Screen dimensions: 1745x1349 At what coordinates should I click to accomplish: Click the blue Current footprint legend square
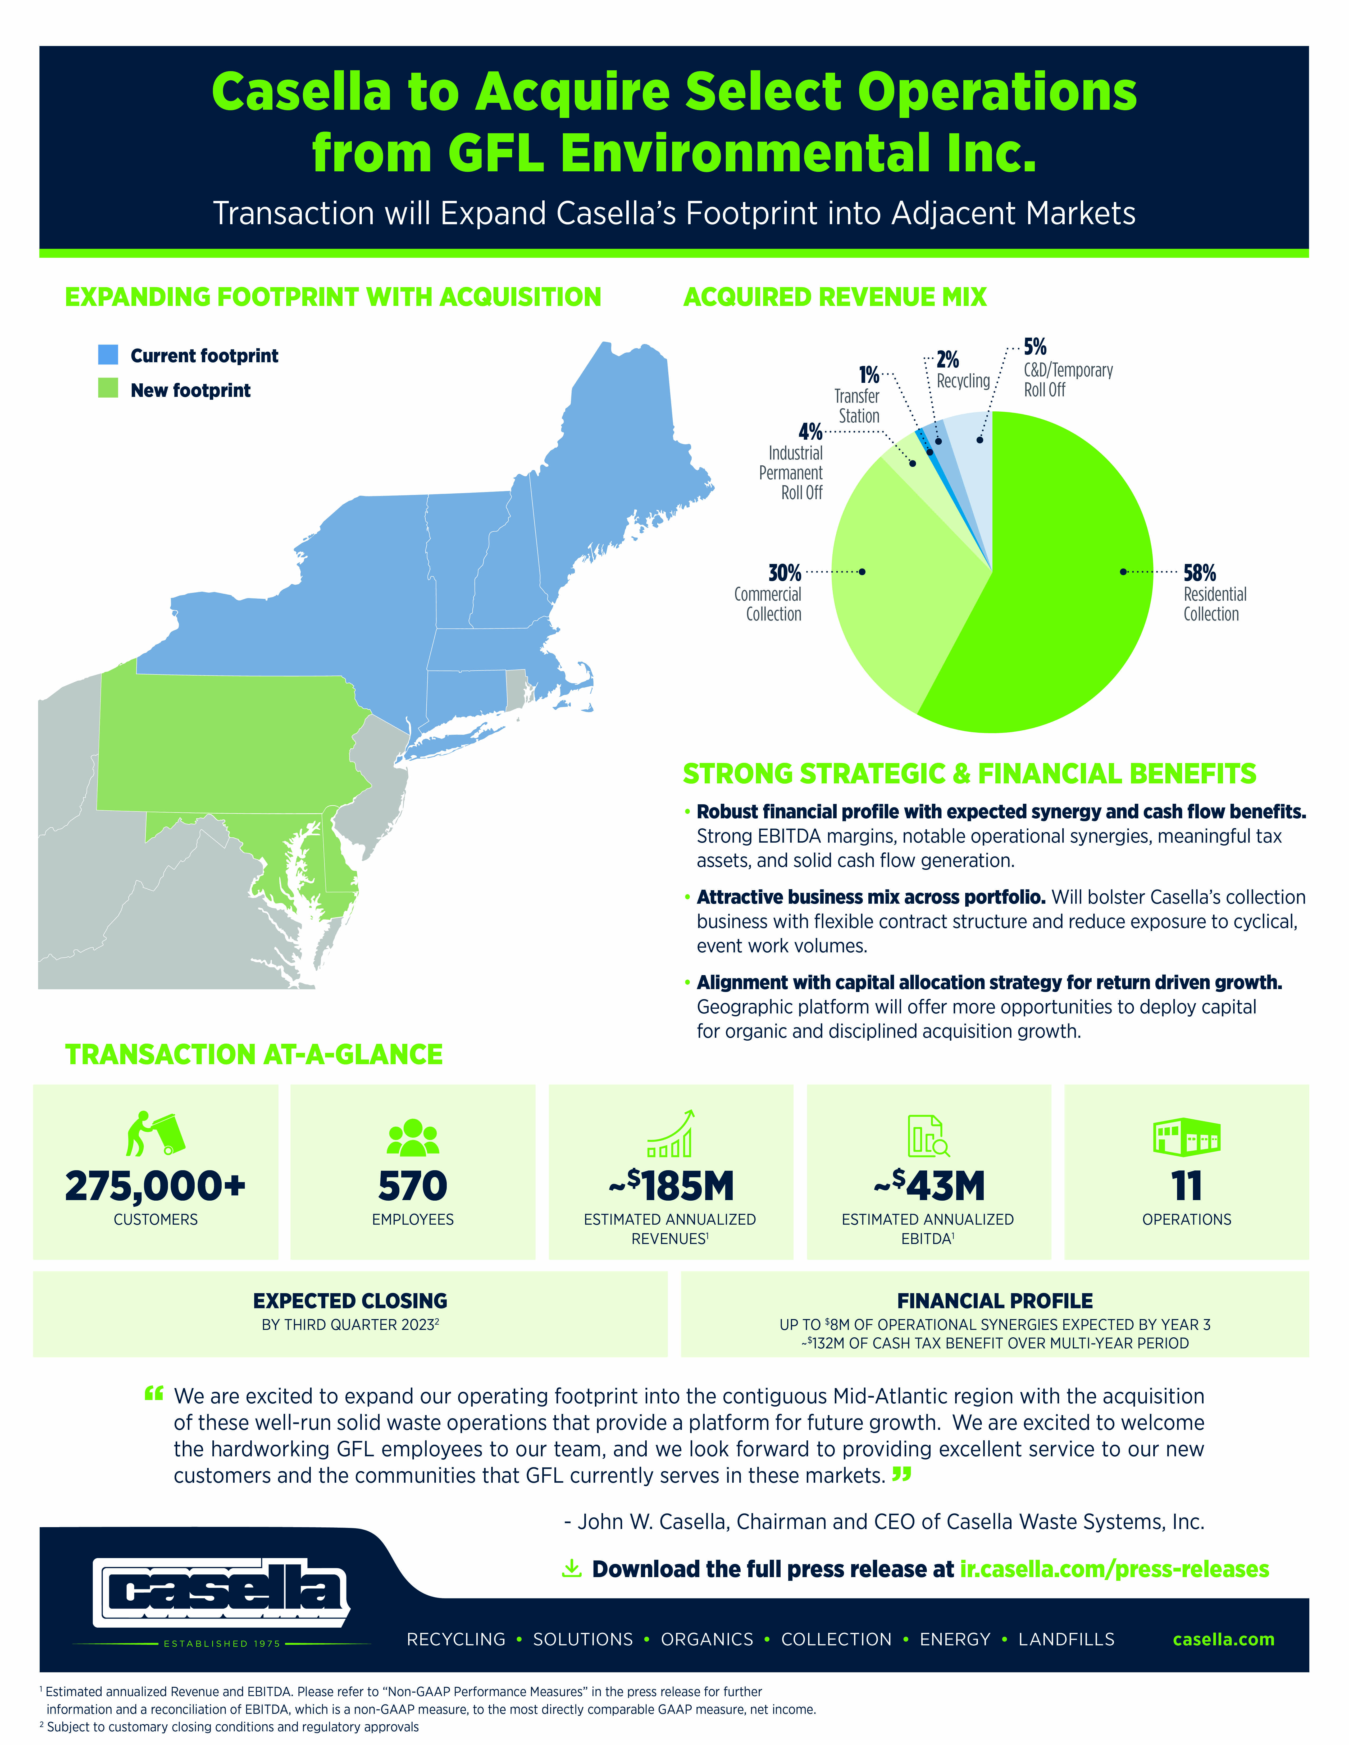(108, 355)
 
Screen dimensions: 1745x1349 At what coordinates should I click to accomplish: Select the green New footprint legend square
(108, 389)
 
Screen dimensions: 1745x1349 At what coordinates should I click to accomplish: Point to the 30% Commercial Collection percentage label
(784, 573)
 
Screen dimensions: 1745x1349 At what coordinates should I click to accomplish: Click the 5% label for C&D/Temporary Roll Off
(1035, 347)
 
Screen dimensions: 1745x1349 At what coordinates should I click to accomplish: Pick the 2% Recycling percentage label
(948, 360)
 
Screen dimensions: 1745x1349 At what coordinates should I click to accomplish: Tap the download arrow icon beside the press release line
(571, 1568)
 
